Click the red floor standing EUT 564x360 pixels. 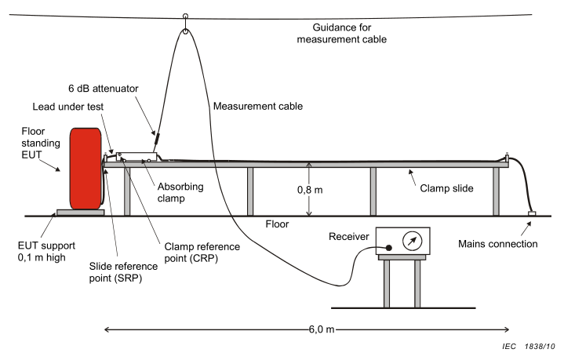[x=86, y=169]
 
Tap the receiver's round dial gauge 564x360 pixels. [x=412, y=241]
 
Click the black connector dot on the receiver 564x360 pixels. [x=388, y=248]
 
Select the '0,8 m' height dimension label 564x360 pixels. [x=310, y=190]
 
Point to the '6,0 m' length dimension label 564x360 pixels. [x=321, y=329]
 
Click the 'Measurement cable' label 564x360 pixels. [x=258, y=106]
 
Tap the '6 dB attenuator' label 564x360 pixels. [x=104, y=89]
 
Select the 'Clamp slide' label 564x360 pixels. [x=446, y=188]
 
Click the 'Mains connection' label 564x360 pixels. [x=498, y=244]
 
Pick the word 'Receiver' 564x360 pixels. [x=349, y=236]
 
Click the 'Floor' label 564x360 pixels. [x=277, y=224]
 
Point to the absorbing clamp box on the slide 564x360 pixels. [x=136, y=156]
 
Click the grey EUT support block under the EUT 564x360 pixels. [x=81, y=213]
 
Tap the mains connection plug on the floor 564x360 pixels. [x=532, y=213]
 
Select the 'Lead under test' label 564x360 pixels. [x=68, y=107]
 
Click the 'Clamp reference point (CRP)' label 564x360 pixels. [x=202, y=253]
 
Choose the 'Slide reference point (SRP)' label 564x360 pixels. [x=123, y=272]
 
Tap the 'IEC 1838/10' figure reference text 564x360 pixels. [x=529, y=347]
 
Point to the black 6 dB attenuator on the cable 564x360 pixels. [x=156, y=139]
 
